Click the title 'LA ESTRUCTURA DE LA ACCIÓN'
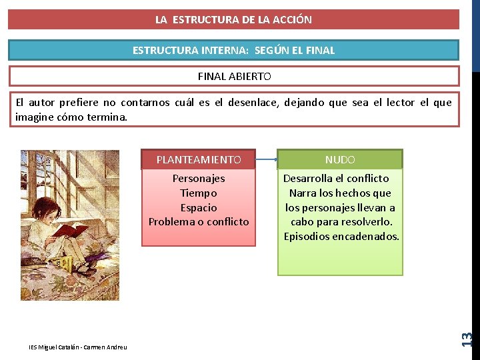233,19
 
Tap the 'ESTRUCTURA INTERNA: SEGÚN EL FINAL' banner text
233,50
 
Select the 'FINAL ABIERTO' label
234,76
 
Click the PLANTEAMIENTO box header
198,159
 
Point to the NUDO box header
340,160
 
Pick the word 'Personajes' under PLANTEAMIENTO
199,178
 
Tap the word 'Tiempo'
199,193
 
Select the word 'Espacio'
199,207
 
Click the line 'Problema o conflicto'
199,222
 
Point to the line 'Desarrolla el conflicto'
336,178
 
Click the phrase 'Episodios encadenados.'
341,237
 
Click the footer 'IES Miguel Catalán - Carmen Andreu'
78,347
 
